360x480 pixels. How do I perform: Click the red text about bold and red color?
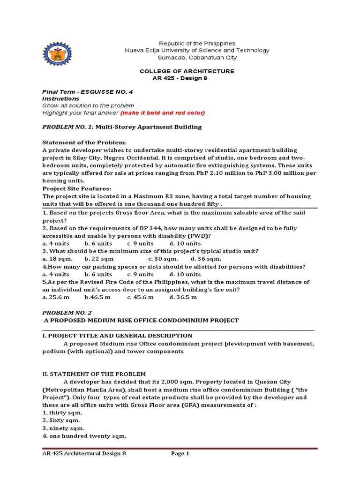(163, 113)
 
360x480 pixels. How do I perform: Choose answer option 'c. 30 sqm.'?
(163, 259)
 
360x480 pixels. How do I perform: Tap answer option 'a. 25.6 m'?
(56, 297)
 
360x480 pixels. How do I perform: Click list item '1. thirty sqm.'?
(62, 412)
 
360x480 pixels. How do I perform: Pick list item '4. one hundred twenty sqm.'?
(84, 436)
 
